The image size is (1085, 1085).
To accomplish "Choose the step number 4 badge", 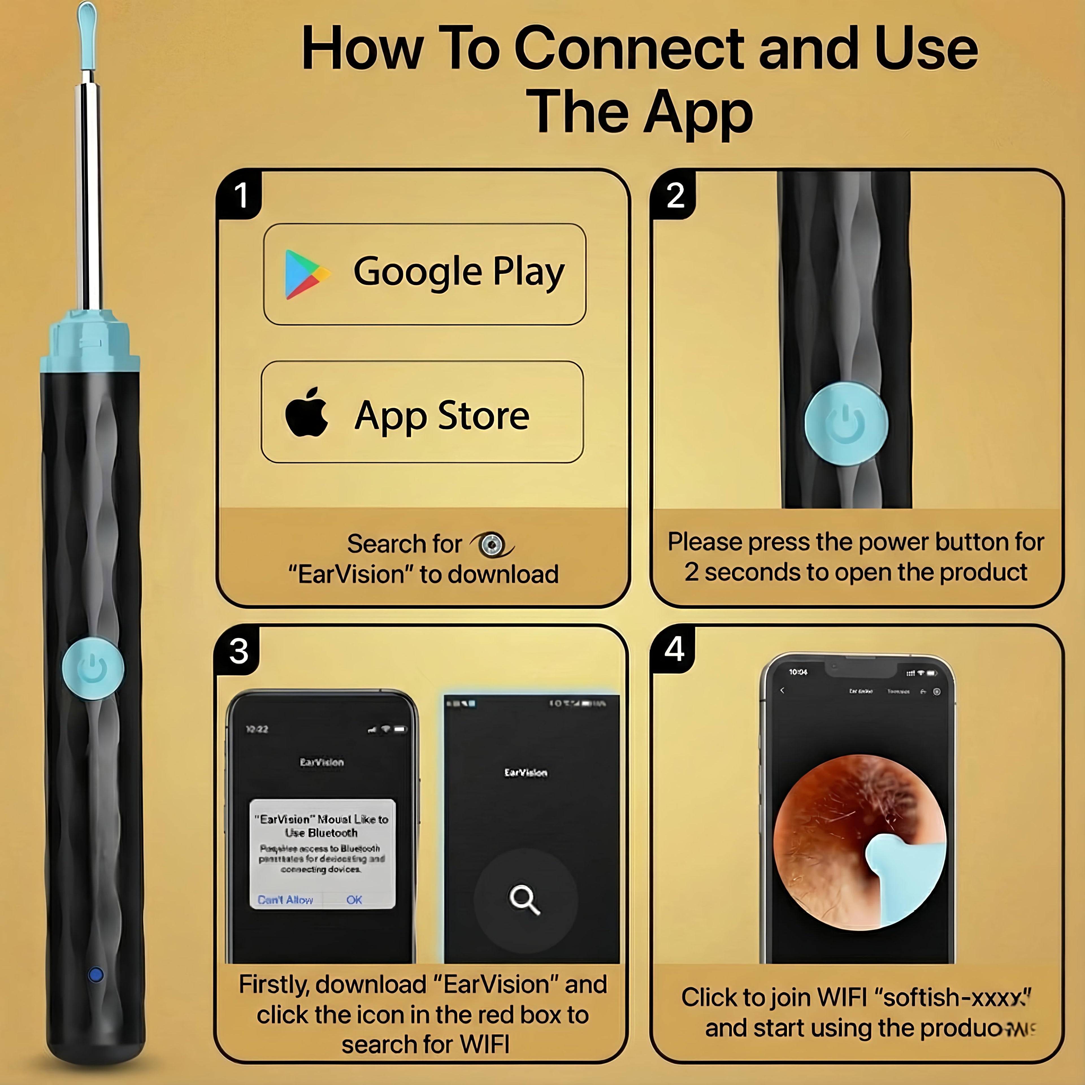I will pos(674,649).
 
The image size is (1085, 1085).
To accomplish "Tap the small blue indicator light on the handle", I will pos(96,974).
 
